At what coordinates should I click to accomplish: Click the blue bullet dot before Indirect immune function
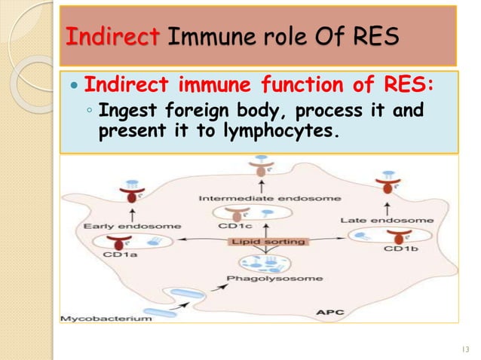point(73,81)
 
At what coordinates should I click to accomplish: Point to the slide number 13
point(462,348)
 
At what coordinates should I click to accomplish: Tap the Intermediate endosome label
point(259,198)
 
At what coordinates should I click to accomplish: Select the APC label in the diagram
point(332,309)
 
